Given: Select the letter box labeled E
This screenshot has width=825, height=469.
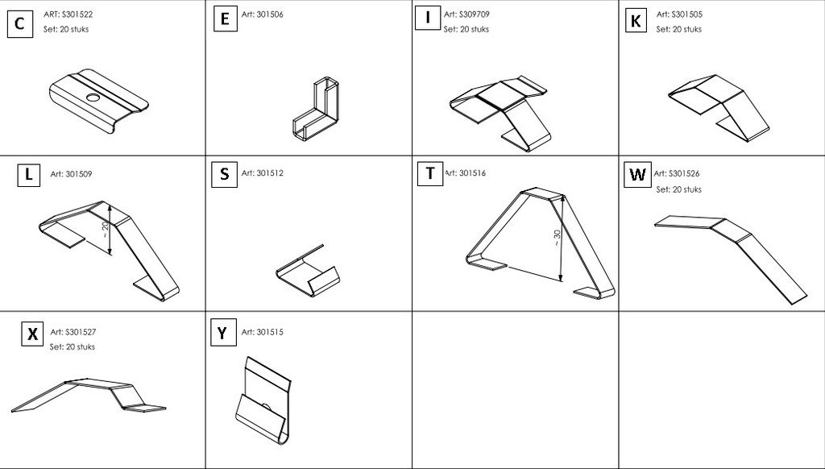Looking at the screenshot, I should [x=225, y=19].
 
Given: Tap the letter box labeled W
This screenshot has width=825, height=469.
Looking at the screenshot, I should [x=637, y=174].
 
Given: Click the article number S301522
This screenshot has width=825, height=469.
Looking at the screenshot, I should [x=68, y=15].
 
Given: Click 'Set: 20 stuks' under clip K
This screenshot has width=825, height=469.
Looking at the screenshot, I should [x=678, y=30].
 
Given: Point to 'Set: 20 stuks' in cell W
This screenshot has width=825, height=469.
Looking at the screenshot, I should [x=678, y=189].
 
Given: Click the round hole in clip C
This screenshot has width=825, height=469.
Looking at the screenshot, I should [x=93, y=98].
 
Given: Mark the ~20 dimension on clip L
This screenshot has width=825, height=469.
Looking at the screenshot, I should [x=106, y=228].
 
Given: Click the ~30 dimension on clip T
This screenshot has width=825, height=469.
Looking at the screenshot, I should [x=557, y=238].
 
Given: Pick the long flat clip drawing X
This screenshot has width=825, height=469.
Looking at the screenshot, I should [x=89, y=394].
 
